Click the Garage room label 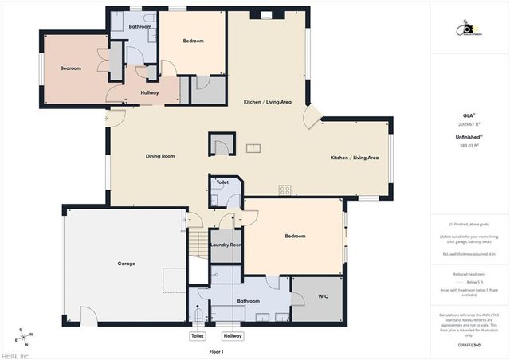point(126,264)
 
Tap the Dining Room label point(160,156)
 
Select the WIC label point(323,296)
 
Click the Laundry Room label point(226,245)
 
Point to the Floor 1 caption point(216,351)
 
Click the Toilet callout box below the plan point(198,336)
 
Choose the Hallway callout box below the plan point(233,336)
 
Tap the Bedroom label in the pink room point(71,68)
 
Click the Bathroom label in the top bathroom point(140,27)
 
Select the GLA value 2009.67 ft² point(469,124)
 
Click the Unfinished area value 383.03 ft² point(469,146)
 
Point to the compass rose point(25,335)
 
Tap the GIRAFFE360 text point(469,345)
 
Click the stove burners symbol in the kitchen point(284,190)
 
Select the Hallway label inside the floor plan point(149,93)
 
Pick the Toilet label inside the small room point(222,182)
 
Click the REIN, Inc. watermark point(15,355)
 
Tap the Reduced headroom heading point(469,273)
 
